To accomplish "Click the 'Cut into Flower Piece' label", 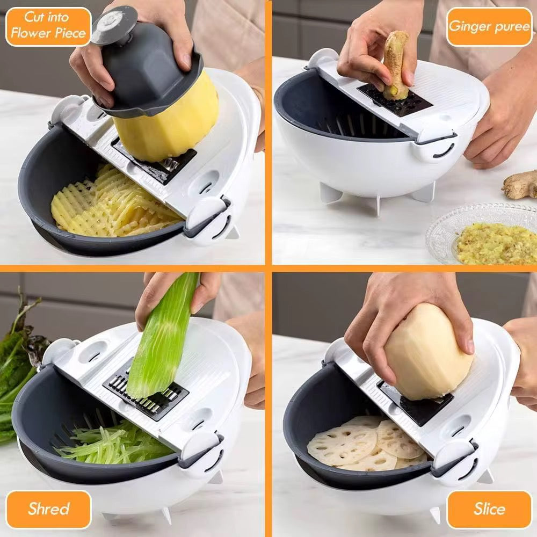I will pos(48,26).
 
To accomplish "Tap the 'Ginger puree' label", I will pos(489,26).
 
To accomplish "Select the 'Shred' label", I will pos(48,509).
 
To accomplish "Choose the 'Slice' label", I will pos(489,509).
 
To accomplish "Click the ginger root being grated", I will pos(395,64).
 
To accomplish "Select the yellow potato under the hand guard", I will pos(166,124).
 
